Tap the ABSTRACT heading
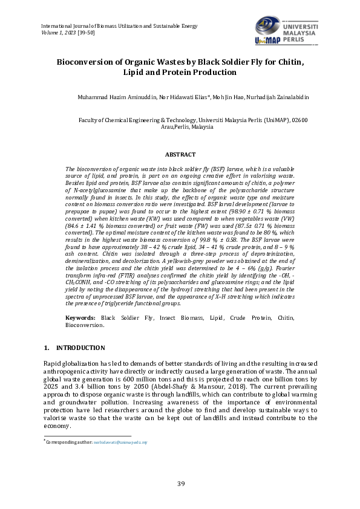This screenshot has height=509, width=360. pyautogui.click(x=180, y=155)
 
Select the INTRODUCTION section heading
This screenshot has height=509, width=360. pyautogui.click(x=80, y=348)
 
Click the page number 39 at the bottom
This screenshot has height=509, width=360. pyautogui.click(x=180, y=483)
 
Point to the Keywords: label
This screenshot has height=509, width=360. pyautogui.click(x=81, y=317)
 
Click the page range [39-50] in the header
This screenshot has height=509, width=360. pyautogui.click(x=87, y=33)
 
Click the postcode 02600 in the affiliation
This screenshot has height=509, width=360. pyautogui.click(x=300, y=120)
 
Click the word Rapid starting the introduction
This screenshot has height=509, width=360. pyautogui.click(x=53, y=363)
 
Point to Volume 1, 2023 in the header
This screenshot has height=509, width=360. pyautogui.click(x=57, y=33)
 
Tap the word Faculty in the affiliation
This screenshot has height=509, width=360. pyautogui.click(x=90, y=120)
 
